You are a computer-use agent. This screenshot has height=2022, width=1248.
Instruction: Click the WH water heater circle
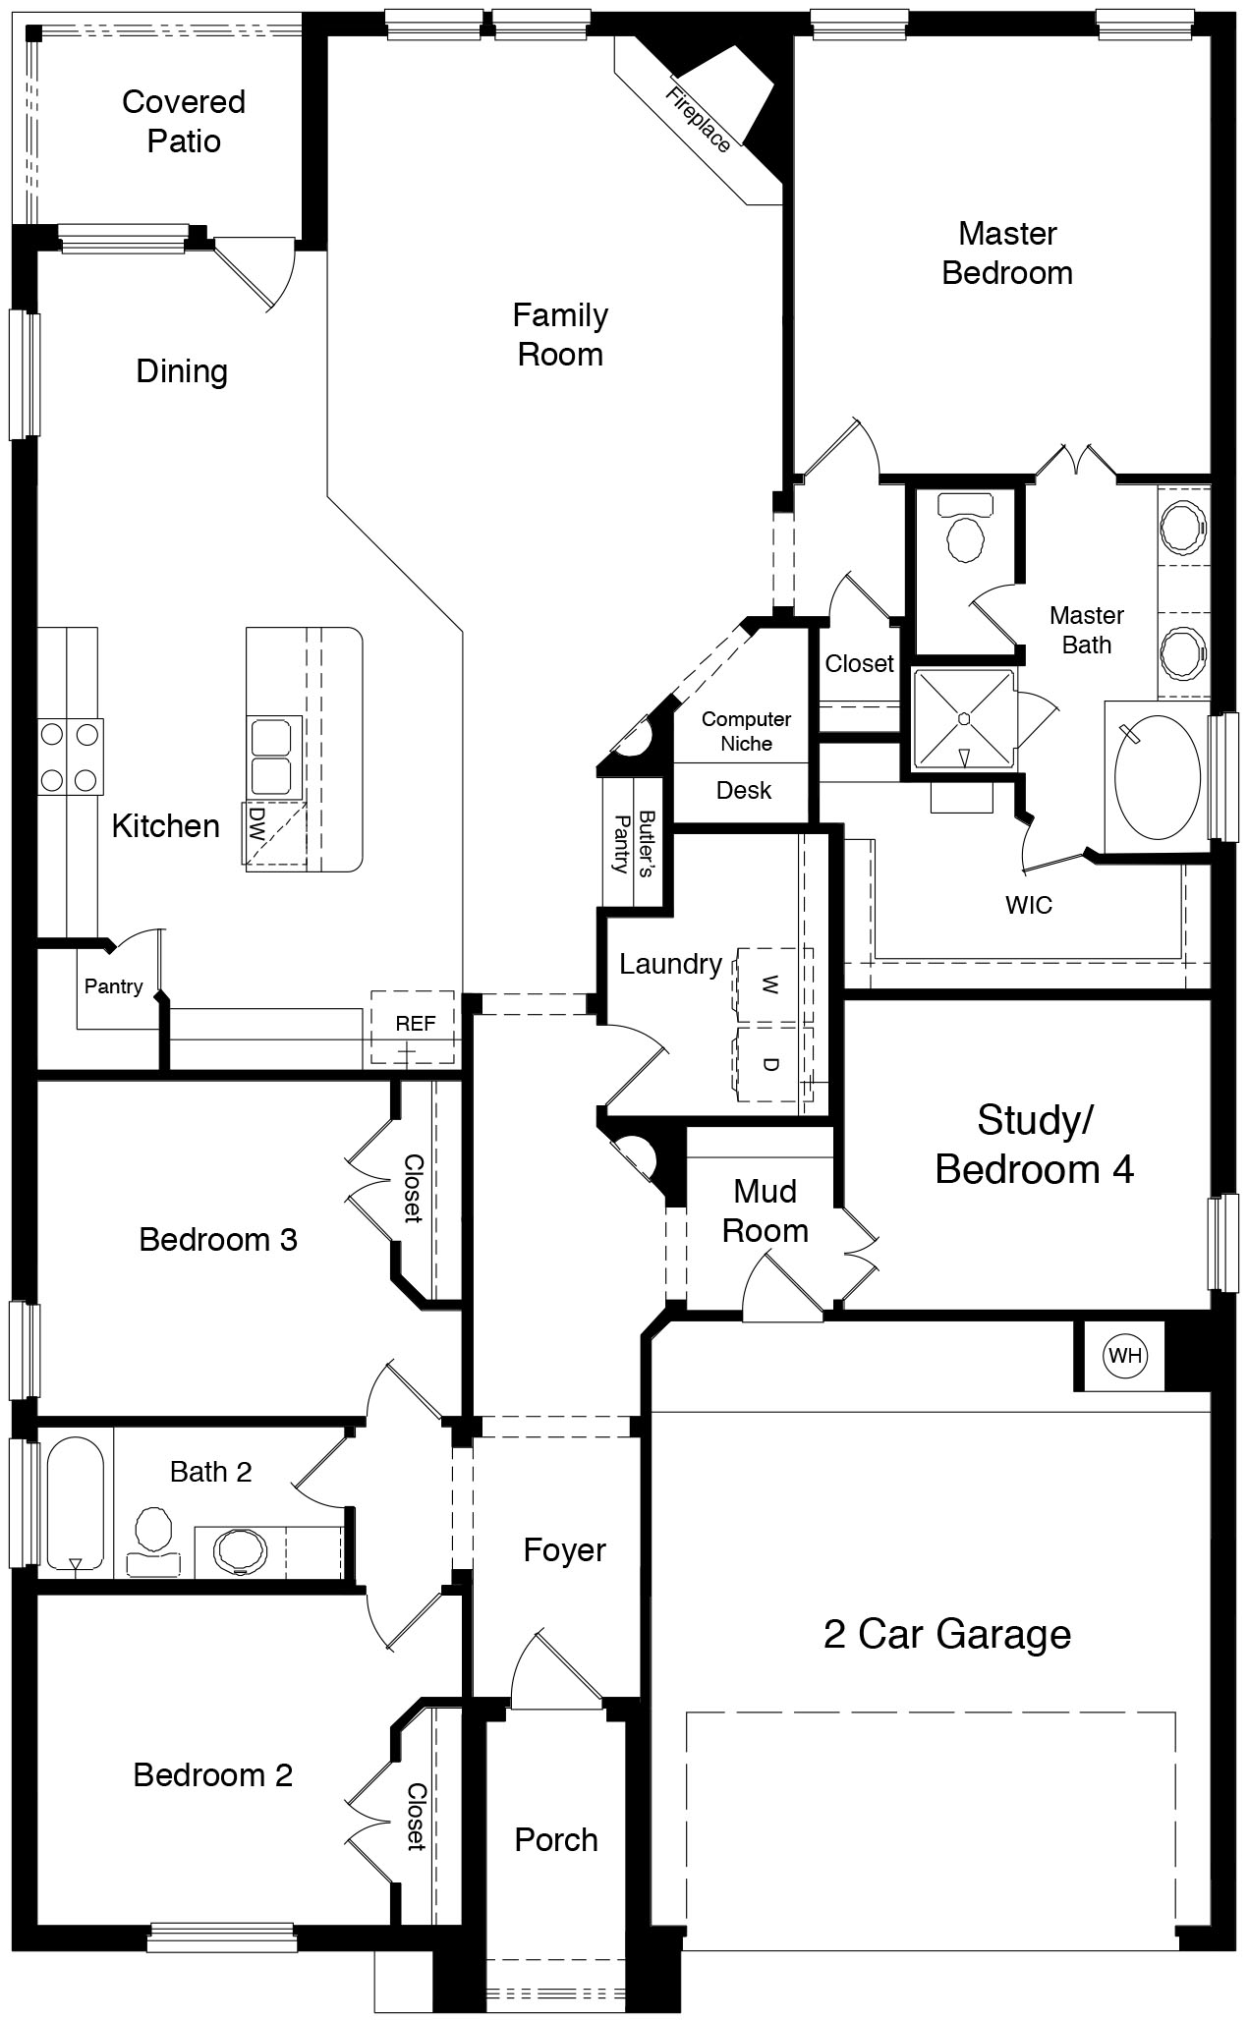tap(1124, 1356)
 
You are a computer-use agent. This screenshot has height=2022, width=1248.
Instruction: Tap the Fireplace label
tap(699, 121)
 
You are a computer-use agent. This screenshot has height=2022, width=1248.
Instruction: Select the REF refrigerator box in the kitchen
tap(415, 1025)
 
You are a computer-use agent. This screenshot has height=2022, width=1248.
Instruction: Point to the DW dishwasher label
tap(257, 822)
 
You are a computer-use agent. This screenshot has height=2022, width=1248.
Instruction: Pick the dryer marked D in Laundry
tap(771, 1064)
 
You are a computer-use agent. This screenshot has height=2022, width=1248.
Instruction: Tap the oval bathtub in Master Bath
tap(1158, 777)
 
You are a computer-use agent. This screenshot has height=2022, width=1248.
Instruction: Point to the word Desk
tap(744, 790)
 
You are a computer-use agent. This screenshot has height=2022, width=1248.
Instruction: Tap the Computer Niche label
tap(746, 731)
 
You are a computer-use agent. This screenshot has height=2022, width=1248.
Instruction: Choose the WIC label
tap(1028, 905)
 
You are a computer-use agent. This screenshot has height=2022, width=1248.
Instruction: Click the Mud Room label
tap(765, 1210)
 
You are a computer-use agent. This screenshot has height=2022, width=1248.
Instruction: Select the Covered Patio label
tap(184, 121)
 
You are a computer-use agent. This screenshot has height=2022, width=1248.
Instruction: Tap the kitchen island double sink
tap(271, 756)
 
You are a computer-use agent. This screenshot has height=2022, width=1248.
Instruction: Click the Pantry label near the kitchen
tap(113, 986)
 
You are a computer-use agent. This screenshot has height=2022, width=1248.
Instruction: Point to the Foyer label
tap(564, 1550)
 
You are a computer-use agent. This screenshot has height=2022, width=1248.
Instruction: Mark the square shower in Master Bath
tap(963, 719)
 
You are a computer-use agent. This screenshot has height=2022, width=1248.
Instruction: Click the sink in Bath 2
tap(240, 1550)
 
